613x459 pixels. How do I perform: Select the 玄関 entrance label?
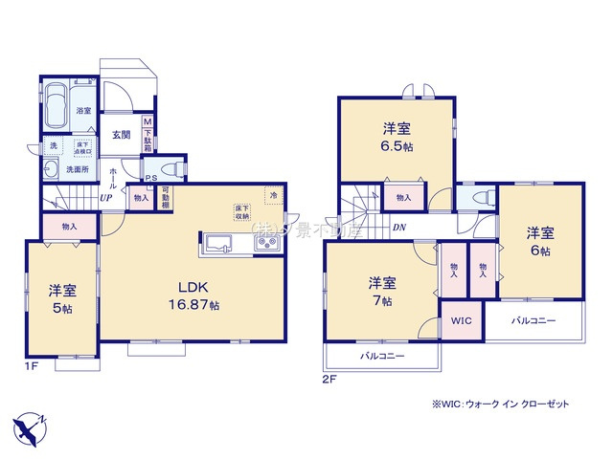coord(121,135)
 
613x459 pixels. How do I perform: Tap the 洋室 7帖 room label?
coord(382,291)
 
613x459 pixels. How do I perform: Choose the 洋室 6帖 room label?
coord(539,240)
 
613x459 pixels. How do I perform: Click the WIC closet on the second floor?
coord(460,321)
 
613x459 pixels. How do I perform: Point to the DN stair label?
coord(398,229)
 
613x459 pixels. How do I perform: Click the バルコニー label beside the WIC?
coord(533,321)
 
